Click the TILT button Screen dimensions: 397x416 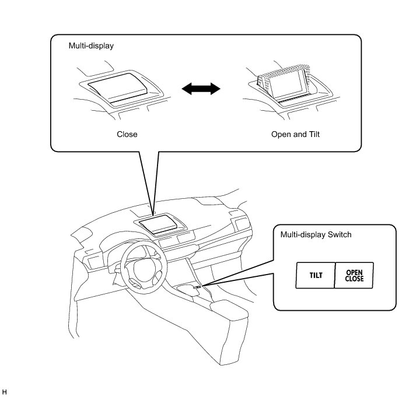tap(316, 276)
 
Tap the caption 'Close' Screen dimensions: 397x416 tap(127, 134)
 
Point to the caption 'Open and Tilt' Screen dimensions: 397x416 tap(296, 134)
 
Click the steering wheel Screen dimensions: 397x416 tap(139, 269)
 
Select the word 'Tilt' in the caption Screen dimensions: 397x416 tap(314, 134)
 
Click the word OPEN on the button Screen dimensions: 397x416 tap(354, 272)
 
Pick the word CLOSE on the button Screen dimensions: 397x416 tap(354, 279)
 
